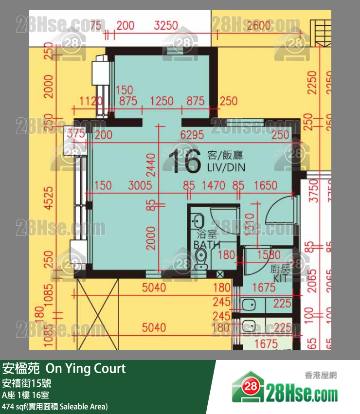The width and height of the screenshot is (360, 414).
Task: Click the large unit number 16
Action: [184, 162]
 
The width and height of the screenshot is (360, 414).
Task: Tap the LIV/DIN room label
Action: [226, 167]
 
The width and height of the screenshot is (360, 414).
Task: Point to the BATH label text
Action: [207, 245]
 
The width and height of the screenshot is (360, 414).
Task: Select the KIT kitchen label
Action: [280, 279]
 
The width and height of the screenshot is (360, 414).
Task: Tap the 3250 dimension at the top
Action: [165, 26]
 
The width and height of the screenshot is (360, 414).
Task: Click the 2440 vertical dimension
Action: [151, 165]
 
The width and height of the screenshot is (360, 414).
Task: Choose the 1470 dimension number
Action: [213, 185]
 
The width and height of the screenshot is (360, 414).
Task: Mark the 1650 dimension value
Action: [266, 185]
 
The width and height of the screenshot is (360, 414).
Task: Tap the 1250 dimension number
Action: [162, 101]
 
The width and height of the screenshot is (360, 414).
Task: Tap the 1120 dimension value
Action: [90, 101]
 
